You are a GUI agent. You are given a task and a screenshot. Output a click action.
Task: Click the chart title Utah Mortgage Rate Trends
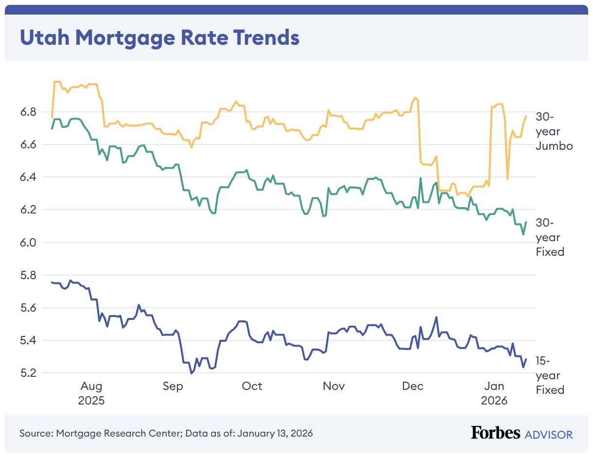point(159,37)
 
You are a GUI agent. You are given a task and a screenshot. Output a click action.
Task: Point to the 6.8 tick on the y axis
point(31,112)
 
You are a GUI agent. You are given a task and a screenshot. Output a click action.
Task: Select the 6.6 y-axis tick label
point(31,145)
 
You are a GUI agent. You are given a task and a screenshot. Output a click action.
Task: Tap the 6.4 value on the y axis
point(31,177)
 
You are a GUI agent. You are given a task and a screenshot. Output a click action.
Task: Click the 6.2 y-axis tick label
point(31,210)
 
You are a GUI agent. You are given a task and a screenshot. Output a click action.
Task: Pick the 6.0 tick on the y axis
point(31,243)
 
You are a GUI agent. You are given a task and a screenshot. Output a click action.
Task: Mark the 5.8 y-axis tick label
point(31,275)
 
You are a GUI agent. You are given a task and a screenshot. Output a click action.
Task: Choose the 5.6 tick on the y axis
point(31,308)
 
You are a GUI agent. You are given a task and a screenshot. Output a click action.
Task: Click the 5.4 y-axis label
point(31,340)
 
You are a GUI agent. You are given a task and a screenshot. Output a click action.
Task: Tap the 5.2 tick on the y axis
point(31,373)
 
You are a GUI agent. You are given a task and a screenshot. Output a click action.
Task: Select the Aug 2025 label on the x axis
point(91,393)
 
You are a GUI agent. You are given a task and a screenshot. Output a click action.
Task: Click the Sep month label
point(173,386)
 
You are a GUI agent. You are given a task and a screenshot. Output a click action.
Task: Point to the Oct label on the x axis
point(252,386)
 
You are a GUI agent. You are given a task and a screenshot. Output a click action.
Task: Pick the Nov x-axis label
point(333,386)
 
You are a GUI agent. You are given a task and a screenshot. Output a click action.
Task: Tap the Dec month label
point(413,386)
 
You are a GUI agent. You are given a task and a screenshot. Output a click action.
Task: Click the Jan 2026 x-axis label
point(494,393)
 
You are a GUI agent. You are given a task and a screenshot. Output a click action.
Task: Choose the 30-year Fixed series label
point(550,237)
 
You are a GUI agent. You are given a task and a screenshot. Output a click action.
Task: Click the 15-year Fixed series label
point(550,375)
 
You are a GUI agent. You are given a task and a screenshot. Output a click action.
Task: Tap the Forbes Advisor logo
point(522,433)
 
